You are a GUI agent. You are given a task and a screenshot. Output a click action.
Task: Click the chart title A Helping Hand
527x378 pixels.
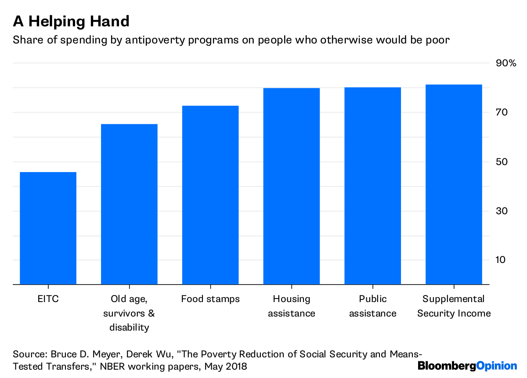71,21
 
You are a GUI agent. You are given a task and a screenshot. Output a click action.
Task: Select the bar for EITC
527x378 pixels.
48,228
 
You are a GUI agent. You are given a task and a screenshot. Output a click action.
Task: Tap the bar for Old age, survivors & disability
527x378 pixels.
129,204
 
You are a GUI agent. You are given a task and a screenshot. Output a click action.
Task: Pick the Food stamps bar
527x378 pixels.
210,195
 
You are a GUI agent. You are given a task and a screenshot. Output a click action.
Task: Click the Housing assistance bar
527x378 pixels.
292,186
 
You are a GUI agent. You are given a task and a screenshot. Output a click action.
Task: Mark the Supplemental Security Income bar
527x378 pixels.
454,184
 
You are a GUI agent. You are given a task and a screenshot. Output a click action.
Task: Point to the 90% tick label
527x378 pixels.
506,64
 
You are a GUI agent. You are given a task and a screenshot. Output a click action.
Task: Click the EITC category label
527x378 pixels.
48,299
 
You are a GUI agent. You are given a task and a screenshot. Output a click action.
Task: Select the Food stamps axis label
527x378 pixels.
210,299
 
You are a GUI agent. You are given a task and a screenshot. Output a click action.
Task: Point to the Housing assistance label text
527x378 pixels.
292,306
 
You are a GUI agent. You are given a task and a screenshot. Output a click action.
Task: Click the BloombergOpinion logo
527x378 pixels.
467,366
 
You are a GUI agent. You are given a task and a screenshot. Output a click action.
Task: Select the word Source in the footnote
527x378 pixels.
28,354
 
